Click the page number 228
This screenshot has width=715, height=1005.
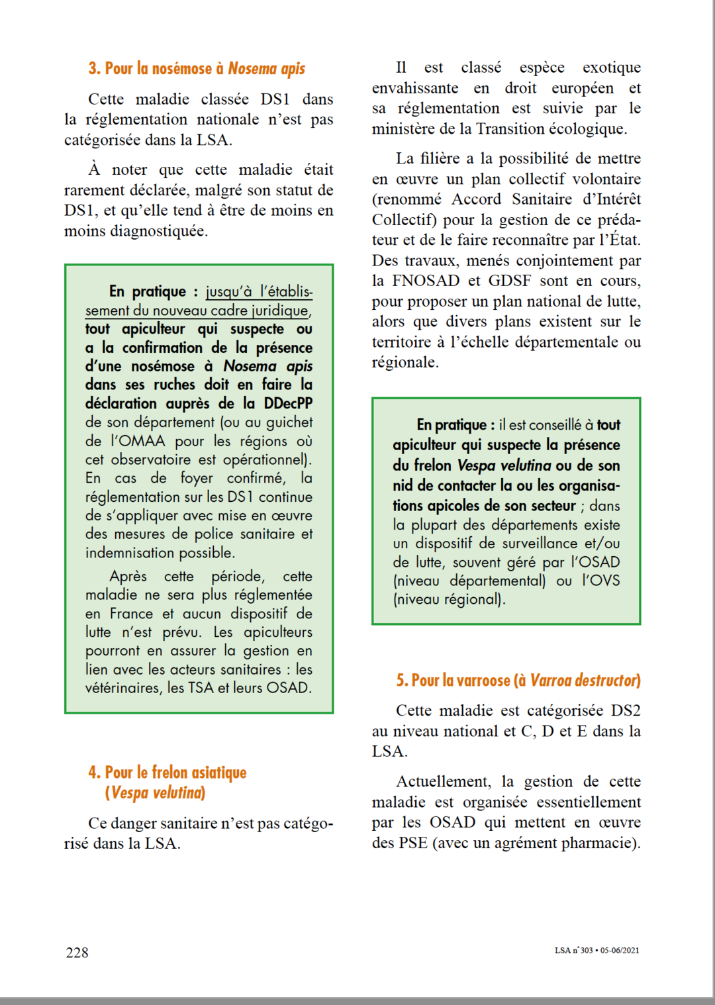pos(77,952)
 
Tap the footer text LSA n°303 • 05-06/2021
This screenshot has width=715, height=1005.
pos(596,950)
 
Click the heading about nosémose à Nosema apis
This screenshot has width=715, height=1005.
pos(197,69)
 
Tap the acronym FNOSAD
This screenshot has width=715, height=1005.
pos(426,281)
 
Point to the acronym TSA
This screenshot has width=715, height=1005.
pos(201,688)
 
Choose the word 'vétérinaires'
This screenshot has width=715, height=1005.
pos(124,688)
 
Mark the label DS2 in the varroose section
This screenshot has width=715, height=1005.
pos(625,710)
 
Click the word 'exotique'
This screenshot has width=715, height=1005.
pos(611,68)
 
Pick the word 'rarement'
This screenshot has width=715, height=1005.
pos(93,190)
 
